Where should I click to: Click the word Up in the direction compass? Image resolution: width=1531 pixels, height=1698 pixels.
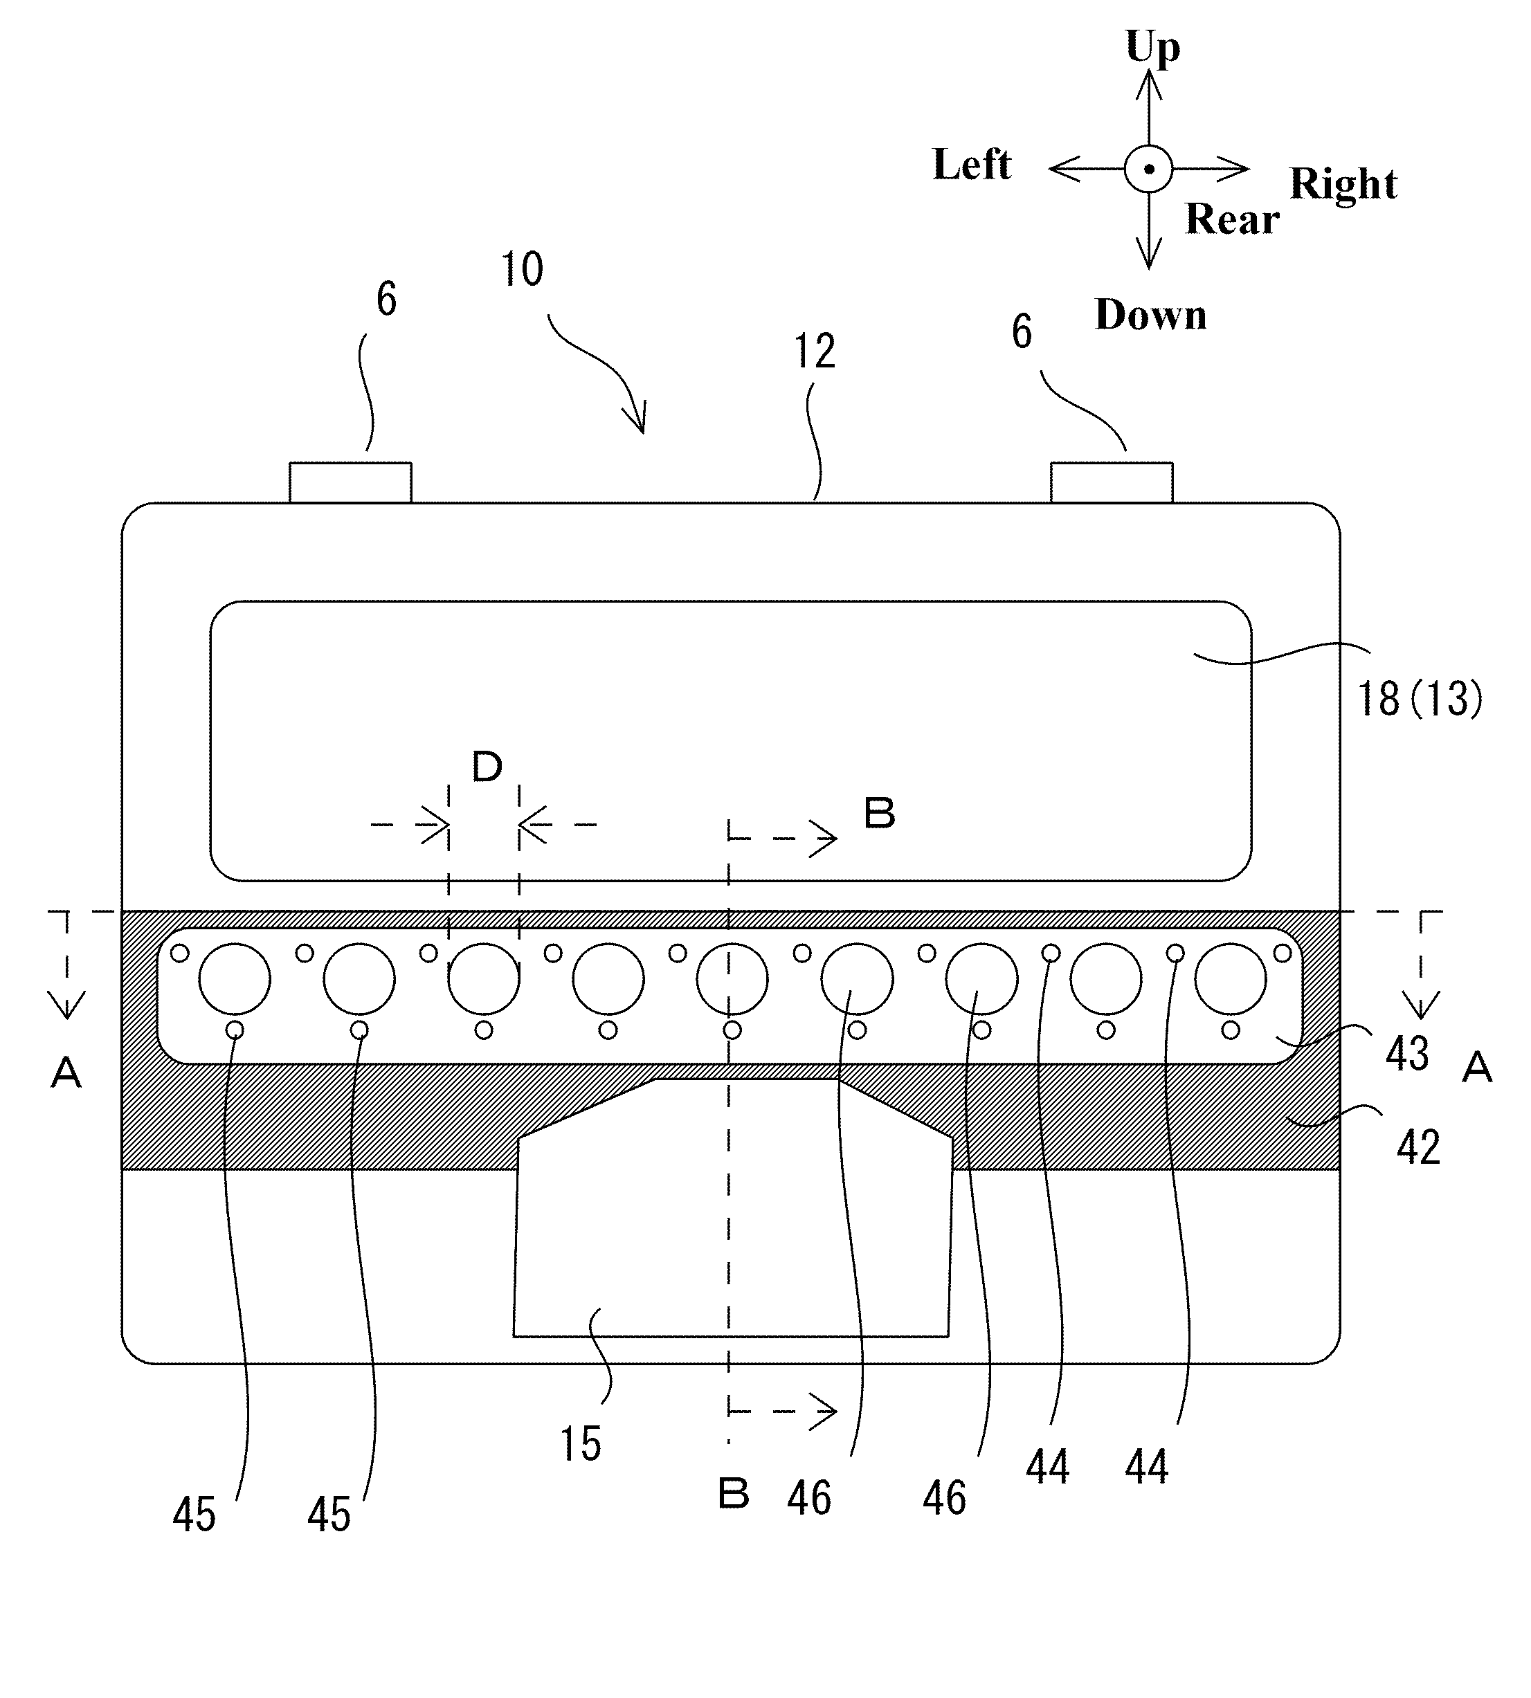click(1152, 47)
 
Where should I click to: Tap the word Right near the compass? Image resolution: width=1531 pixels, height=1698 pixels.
click(1343, 183)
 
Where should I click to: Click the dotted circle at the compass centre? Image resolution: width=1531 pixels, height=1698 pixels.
click(1148, 169)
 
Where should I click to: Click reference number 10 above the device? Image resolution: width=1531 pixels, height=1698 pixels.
click(522, 270)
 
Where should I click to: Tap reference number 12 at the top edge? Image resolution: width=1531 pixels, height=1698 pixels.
click(814, 352)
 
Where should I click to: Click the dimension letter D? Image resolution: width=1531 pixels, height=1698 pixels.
click(487, 767)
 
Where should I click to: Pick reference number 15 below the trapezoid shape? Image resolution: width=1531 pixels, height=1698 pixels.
click(581, 1444)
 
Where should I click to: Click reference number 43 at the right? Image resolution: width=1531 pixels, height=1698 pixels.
click(1406, 1054)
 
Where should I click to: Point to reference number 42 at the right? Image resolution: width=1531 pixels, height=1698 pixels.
click(1417, 1147)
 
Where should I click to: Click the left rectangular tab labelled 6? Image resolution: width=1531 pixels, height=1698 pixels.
click(350, 483)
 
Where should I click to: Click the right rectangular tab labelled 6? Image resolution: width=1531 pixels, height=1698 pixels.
click(1112, 483)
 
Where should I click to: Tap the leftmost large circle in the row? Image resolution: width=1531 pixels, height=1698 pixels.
click(235, 979)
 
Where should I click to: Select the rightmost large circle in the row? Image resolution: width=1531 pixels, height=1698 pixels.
click(1230, 979)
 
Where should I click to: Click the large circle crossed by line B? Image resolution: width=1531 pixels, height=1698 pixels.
click(732, 979)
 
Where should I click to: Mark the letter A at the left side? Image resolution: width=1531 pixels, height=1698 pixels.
click(66, 1073)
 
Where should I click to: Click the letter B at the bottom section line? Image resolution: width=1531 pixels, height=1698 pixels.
click(734, 1495)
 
